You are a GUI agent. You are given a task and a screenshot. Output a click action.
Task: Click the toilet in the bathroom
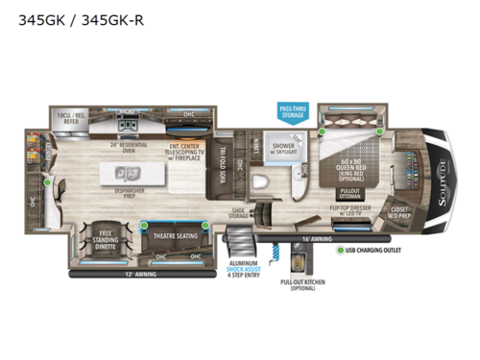[x=257, y=183]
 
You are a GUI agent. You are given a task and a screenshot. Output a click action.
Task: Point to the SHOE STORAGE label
[x=239, y=212]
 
